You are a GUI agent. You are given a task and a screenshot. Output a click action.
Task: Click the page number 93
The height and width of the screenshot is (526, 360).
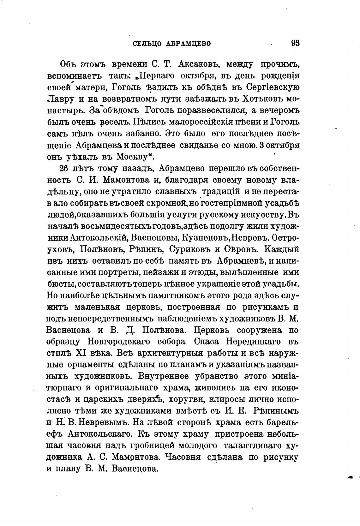point(295,43)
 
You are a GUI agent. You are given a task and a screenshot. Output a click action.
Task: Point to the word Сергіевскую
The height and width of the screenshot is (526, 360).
point(272,87)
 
